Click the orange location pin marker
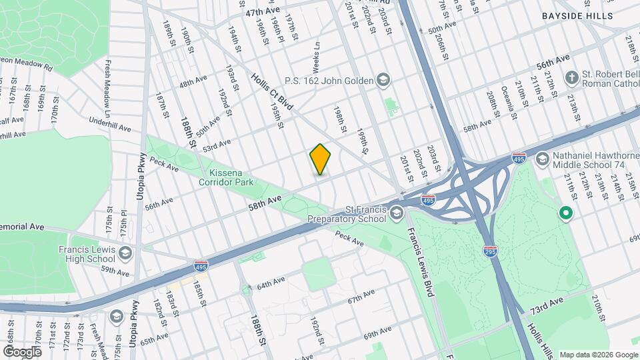tap(321, 159)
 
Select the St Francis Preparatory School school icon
tap(397, 213)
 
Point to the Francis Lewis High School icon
tap(125, 253)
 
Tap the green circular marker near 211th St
tap(566, 213)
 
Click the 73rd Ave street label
tap(547, 309)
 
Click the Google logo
tap(23, 351)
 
